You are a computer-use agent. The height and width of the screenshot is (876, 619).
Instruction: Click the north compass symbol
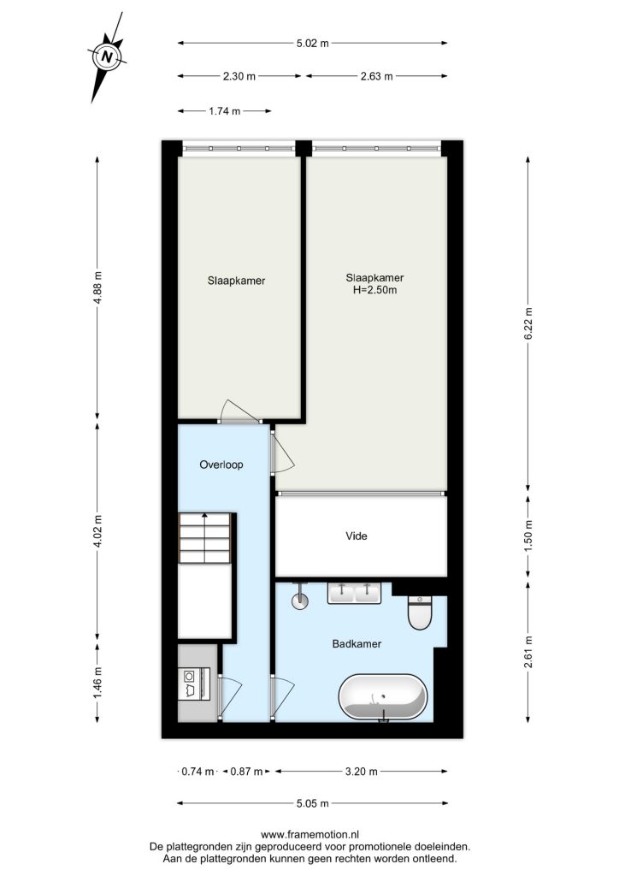pyautogui.click(x=107, y=56)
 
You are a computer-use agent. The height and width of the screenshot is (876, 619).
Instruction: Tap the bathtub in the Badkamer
pyautogui.click(x=383, y=697)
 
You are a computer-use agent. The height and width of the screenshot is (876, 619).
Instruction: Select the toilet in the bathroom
pyautogui.click(x=420, y=613)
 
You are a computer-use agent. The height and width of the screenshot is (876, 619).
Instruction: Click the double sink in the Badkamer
pyautogui.click(x=354, y=593)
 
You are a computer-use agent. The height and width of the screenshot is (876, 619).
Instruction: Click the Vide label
pyautogui.click(x=357, y=536)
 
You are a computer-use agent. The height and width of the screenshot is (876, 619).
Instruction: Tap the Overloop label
pyautogui.click(x=221, y=465)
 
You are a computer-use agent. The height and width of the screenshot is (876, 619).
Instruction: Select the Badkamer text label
pyautogui.click(x=357, y=643)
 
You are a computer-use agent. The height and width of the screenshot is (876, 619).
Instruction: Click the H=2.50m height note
pyautogui.click(x=374, y=290)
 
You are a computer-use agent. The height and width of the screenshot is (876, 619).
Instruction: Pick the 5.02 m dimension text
pyautogui.click(x=313, y=43)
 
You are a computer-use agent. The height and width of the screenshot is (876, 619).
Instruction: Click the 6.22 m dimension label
pyautogui.click(x=528, y=323)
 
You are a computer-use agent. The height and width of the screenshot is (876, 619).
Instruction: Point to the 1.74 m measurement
pyautogui.click(x=224, y=111)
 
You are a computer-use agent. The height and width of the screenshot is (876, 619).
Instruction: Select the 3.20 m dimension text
pyautogui.click(x=361, y=772)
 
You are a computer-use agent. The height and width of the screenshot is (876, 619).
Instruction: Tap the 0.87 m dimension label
pyautogui.click(x=246, y=772)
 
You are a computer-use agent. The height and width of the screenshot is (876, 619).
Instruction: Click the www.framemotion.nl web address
pyautogui.click(x=309, y=835)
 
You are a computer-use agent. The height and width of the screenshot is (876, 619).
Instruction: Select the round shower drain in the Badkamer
pyautogui.click(x=300, y=601)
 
